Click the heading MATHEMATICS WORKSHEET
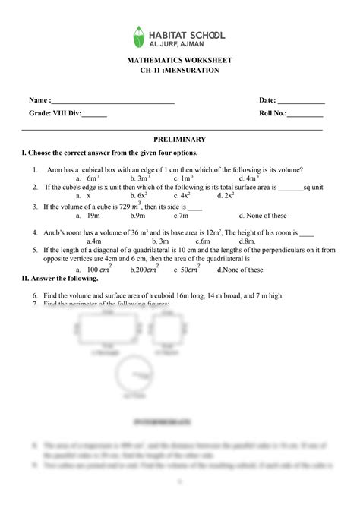pos(180,60)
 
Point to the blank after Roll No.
pos(305,114)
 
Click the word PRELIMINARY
pos(179,140)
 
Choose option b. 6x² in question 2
pos(137,195)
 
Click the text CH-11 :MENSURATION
pos(180,70)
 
